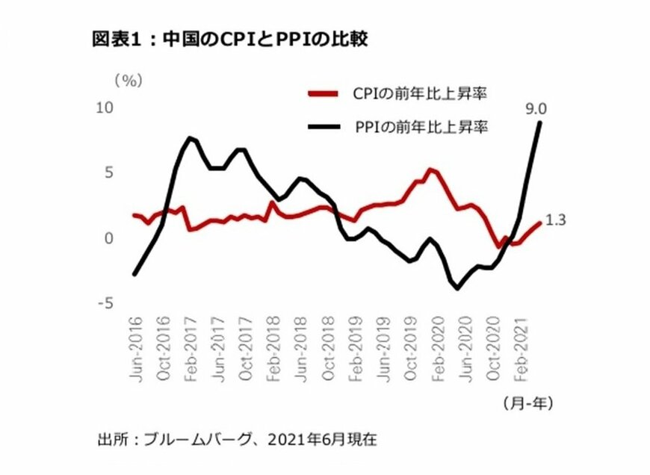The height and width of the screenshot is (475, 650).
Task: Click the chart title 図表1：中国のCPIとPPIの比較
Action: click(x=228, y=40)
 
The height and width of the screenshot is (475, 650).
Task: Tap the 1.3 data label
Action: click(x=557, y=221)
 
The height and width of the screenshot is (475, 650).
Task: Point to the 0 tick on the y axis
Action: click(x=108, y=238)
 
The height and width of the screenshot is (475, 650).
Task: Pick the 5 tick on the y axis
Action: click(x=108, y=173)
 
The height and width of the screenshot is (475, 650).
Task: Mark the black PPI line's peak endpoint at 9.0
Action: click(x=539, y=122)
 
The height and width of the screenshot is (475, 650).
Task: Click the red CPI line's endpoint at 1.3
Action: click(x=539, y=223)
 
